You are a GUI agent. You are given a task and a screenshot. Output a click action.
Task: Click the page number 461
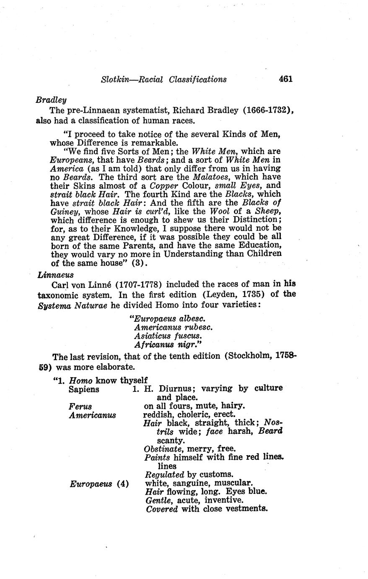tap(285, 79)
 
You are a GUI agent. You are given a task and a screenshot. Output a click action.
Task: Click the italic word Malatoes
tap(210, 177)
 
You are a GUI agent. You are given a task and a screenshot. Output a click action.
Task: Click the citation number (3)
tap(138, 263)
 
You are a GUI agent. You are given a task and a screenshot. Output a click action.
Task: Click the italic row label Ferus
tap(80, 406)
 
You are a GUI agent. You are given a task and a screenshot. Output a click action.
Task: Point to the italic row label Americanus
tap(92, 415)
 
